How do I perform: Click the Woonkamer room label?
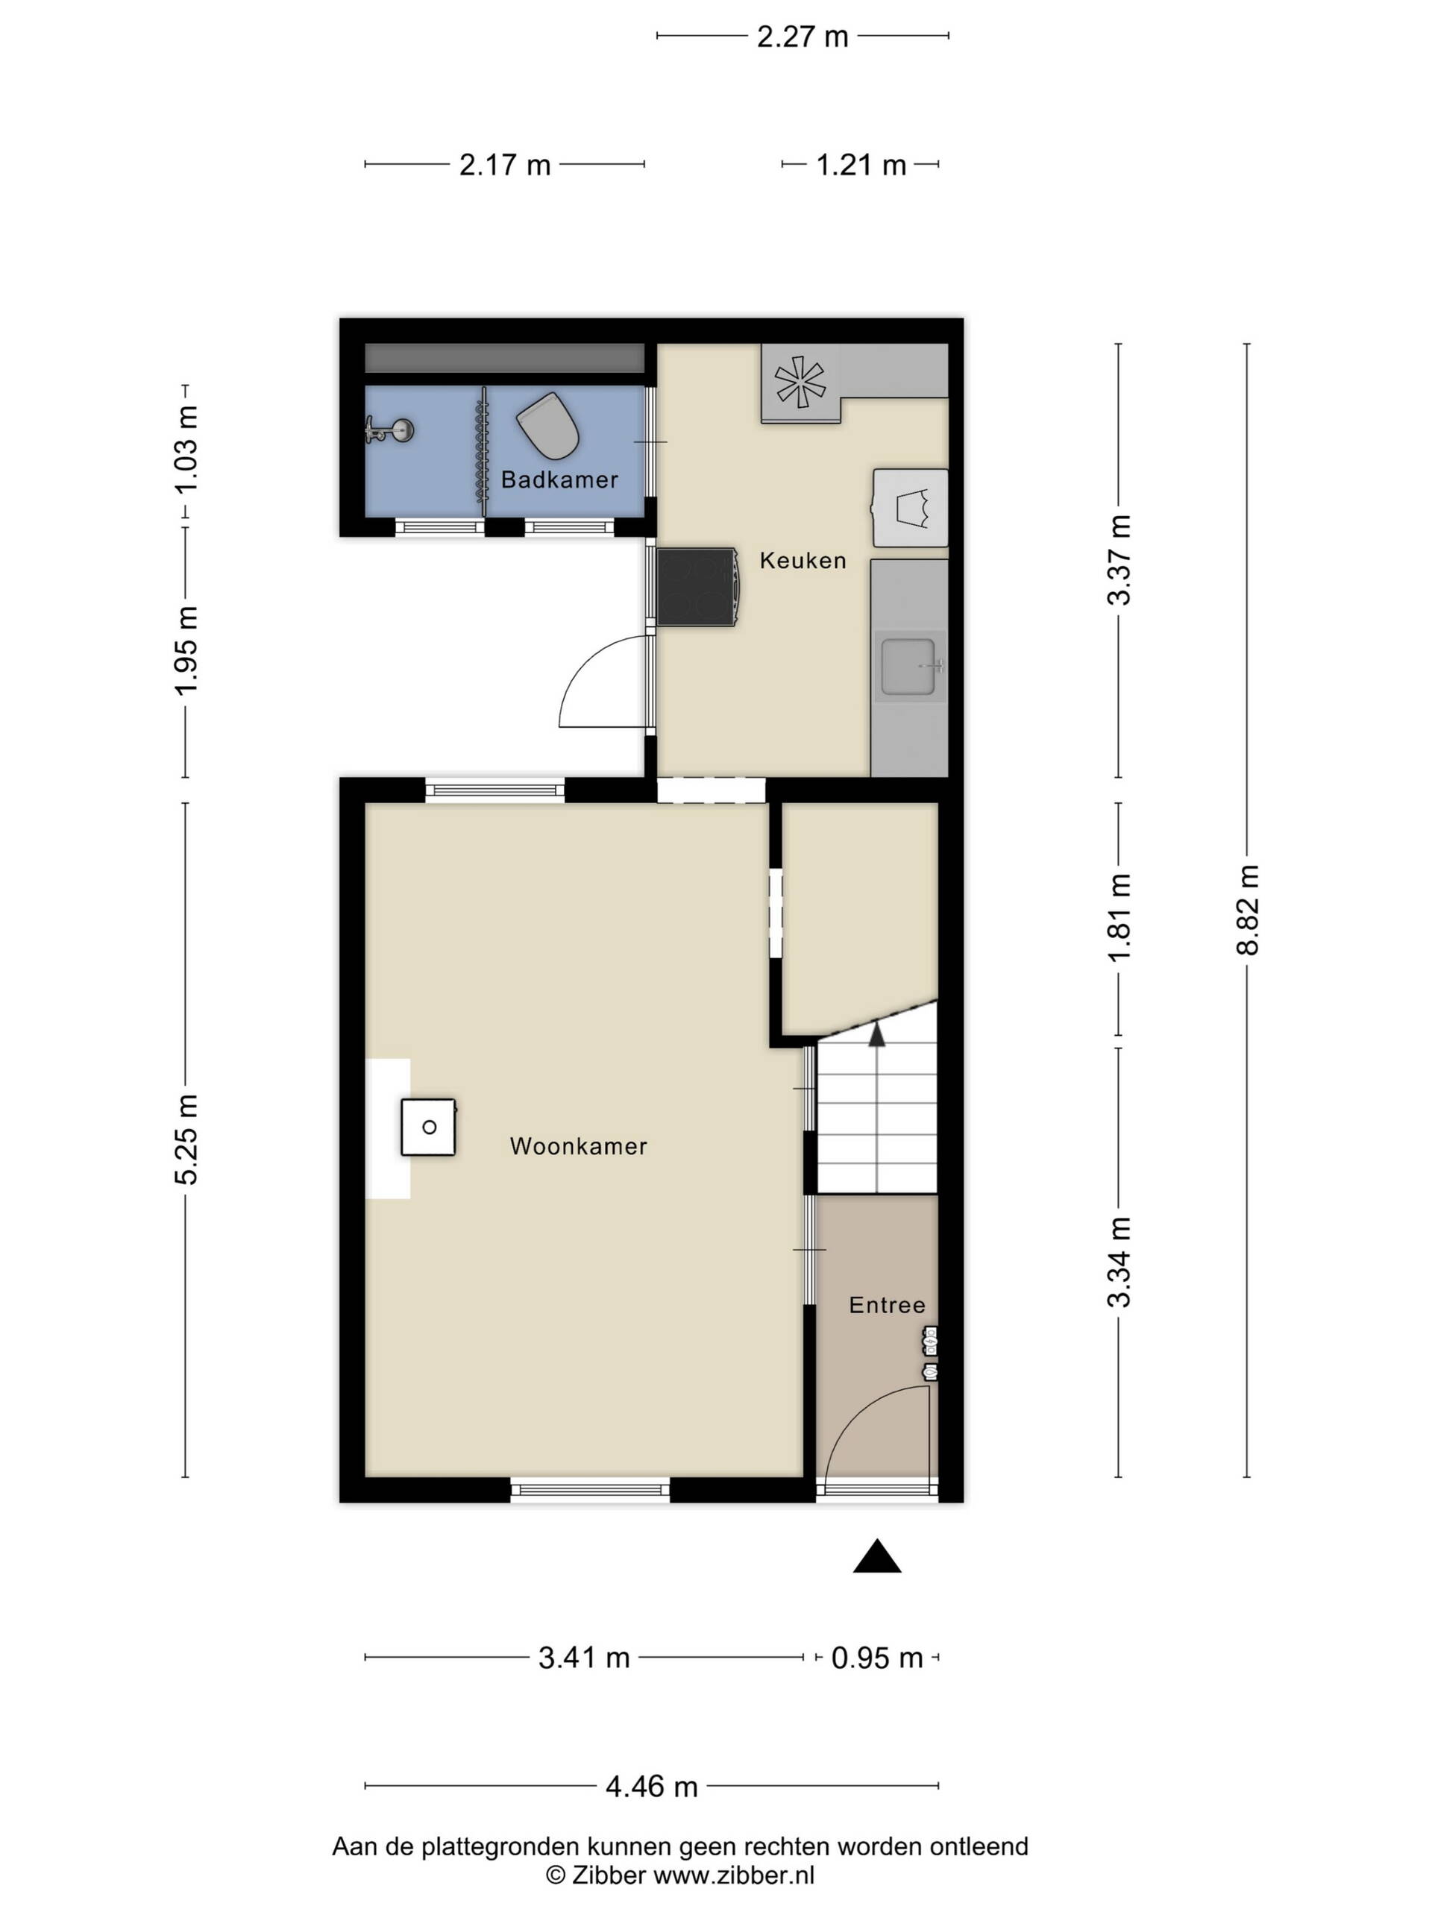coord(577,1146)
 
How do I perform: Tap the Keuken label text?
coord(802,561)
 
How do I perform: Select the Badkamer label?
coord(559,479)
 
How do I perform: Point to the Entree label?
coord(887,1305)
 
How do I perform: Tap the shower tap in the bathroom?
coord(389,430)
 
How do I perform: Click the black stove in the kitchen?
coord(697,587)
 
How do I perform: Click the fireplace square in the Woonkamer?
coord(428,1127)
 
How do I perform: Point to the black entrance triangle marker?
coord(877,1556)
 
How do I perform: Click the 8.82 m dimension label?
coord(1248,910)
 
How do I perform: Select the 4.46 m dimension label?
coord(652,1787)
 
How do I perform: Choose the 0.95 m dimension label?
coord(877,1658)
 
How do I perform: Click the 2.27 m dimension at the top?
coord(803,37)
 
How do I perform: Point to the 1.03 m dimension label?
coord(186,449)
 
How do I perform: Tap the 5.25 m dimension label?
coord(186,1139)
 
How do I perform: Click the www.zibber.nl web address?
coord(734,1875)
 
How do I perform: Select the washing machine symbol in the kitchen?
coord(911,508)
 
